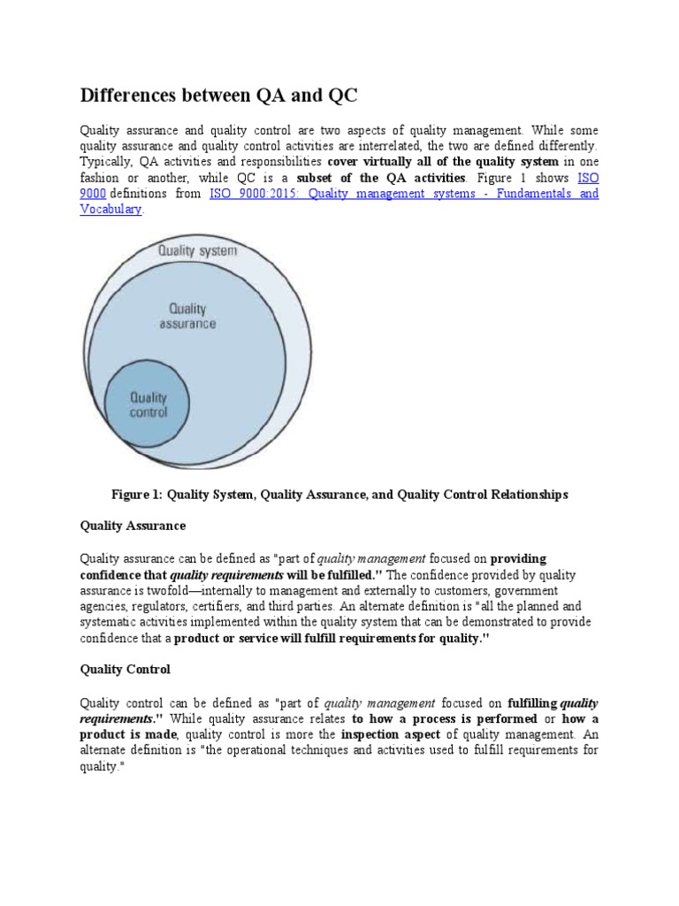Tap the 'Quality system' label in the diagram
tap(197, 250)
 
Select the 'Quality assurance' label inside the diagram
tap(187, 316)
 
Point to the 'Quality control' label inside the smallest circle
tap(148, 405)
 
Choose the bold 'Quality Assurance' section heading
tap(133, 526)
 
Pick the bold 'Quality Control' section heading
tap(125, 670)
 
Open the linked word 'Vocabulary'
tap(111, 210)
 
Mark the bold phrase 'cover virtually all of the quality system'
tap(442, 162)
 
